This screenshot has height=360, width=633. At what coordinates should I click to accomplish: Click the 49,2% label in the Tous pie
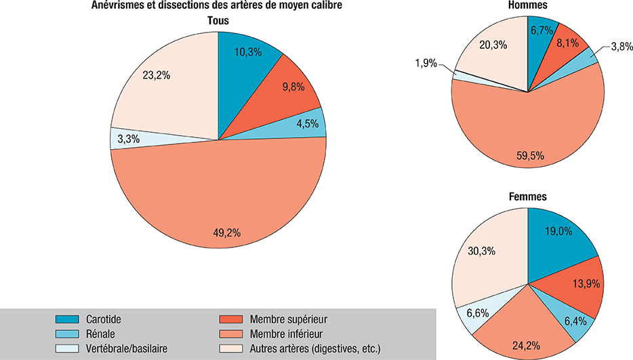226,233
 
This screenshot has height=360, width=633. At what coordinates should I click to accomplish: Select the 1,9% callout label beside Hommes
426,64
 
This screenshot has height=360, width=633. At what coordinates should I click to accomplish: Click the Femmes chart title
528,197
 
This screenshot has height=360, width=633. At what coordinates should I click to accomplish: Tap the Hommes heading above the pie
528,6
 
